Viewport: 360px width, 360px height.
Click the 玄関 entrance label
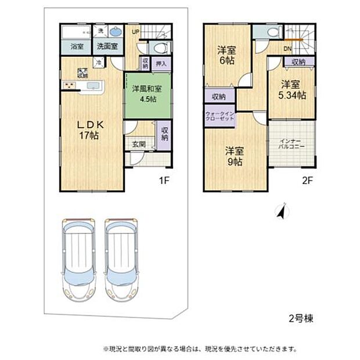(138, 144)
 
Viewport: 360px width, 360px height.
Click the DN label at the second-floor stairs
(287, 49)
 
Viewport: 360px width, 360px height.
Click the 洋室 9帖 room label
(235, 156)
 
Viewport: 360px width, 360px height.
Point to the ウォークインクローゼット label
(219, 116)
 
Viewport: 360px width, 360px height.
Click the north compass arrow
(281, 212)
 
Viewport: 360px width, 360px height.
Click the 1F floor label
(164, 181)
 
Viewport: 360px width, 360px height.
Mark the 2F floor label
(307, 181)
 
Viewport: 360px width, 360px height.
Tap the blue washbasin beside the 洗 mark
(116, 31)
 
